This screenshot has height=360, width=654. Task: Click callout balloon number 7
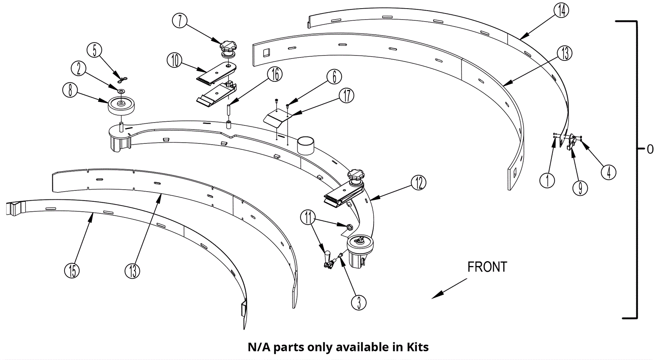[x=180, y=20]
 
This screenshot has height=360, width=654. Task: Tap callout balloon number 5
[x=94, y=50]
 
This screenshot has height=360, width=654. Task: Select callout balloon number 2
[x=79, y=68]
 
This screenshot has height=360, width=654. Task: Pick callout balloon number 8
[x=70, y=90]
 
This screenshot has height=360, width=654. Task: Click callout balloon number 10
[x=175, y=60]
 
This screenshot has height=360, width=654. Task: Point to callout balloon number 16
[x=275, y=74]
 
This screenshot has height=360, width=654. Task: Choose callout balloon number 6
[x=334, y=76]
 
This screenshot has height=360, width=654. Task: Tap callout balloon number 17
[x=347, y=96]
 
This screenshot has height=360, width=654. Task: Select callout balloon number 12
[x=419, y=183]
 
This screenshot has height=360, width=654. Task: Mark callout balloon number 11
[x=308, y=218]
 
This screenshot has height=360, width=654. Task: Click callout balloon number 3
[x=358, y=302]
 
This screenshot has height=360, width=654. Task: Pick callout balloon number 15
[x=72, y=271]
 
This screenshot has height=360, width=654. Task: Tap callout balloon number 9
[x=580, y=188]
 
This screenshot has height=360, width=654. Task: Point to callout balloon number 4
[x=609, y=172]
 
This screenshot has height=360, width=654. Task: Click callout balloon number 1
[x=547, y=180]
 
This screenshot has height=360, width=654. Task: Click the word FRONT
[x=487, y=267]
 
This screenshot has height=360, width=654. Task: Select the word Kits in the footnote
[x=417, y=347]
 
